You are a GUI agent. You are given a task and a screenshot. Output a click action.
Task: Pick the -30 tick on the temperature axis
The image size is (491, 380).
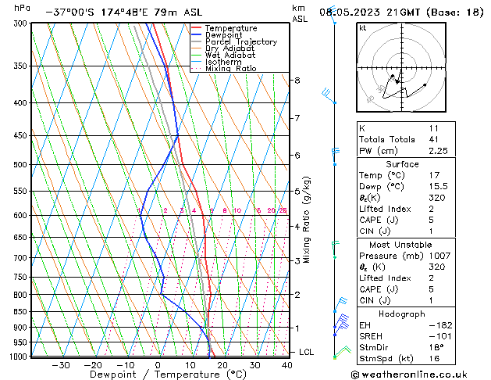click(60, 365)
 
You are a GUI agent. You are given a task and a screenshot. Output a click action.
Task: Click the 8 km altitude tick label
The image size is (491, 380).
click(297, 81)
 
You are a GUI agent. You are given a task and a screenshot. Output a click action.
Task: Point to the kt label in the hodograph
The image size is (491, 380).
click(362, 28)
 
